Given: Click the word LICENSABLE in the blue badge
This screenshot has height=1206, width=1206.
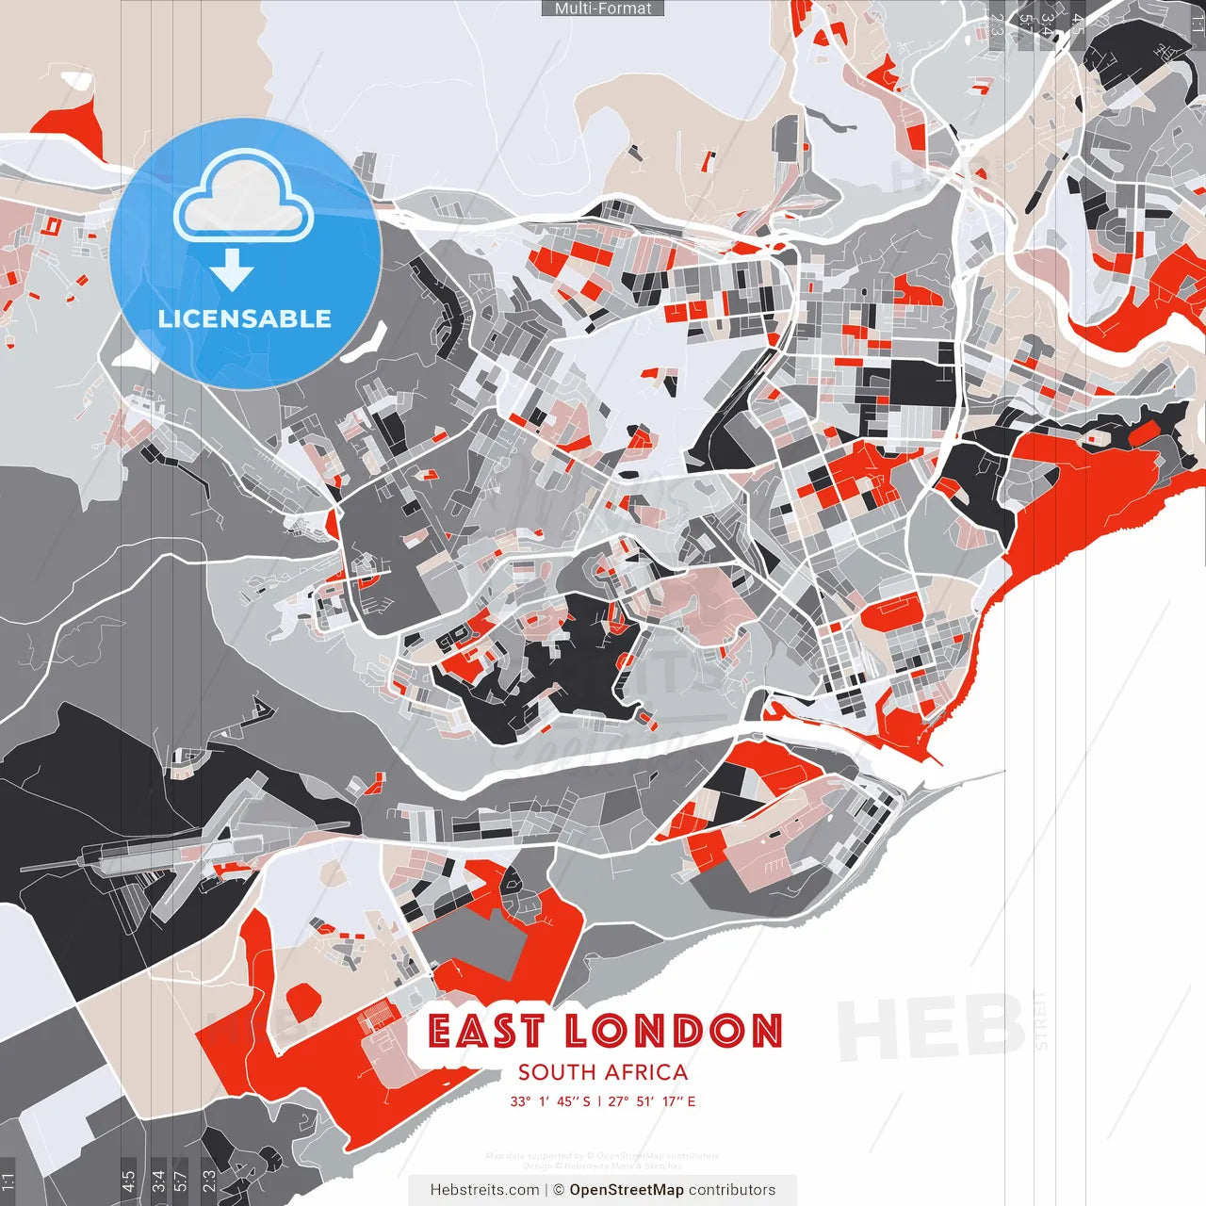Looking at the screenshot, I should click(x=245, y=318).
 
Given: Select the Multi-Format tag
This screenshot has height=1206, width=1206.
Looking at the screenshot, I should click(x=603, y=8).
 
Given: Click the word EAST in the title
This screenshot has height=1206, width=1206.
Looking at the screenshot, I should click(x=486, y=1032).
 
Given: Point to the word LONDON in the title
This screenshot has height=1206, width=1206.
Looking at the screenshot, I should click(x=674, y=1032).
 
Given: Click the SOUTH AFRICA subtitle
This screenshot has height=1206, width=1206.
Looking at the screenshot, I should click(x=603, y=1072).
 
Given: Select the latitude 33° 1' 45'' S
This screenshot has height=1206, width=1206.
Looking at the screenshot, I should click(x=550, y=1101).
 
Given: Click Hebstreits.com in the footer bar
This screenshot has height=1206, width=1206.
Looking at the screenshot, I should click(x=484, y=1190).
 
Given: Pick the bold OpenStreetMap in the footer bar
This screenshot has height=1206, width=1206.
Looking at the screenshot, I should click(x=627, y=1190).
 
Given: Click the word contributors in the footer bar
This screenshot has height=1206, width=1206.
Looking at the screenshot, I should click(x=732, y=1190).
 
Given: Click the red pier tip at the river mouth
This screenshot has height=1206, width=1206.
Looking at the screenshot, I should click(x=935, y=758).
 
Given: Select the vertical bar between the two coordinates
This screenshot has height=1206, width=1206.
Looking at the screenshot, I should click(x=599, y=1101).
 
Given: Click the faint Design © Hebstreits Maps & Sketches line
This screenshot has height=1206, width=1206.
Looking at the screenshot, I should click(x=602, y=1165).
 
